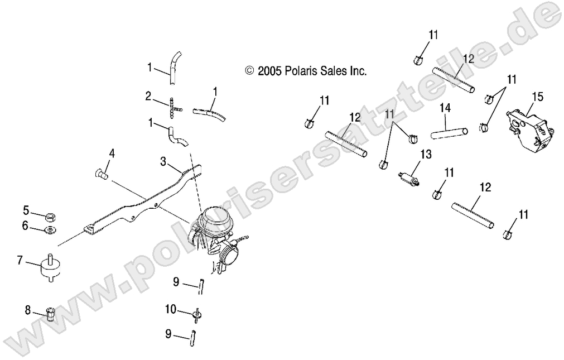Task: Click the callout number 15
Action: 537,97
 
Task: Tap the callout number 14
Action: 445,107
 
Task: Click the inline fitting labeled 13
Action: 409,180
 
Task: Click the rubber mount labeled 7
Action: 50,269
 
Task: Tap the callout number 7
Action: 20,260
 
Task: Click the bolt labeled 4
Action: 101,174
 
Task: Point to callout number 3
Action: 163,161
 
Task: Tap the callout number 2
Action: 148,96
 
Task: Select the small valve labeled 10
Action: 197,314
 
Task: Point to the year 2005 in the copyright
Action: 268,71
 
